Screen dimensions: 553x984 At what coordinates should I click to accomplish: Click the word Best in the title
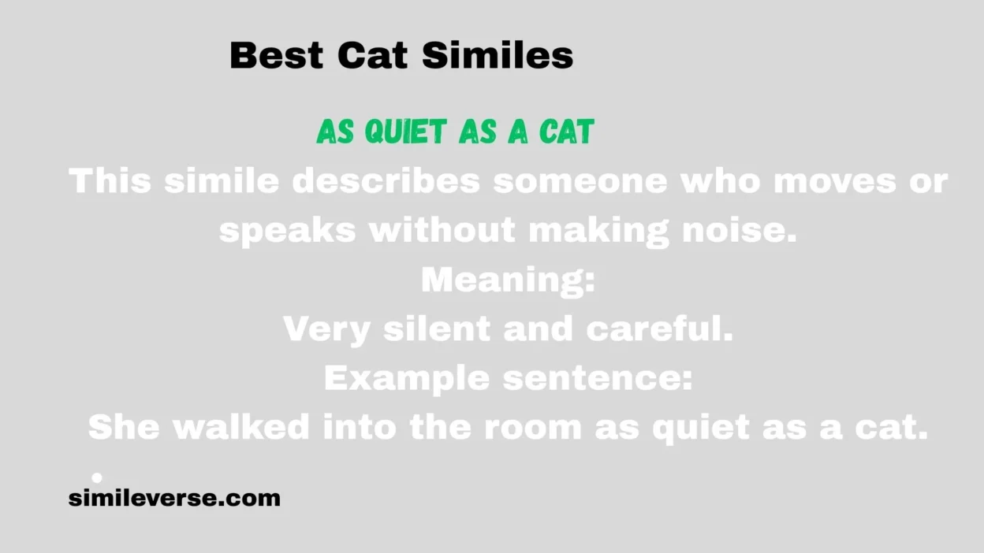276,56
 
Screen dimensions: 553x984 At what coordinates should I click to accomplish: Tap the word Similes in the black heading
497,56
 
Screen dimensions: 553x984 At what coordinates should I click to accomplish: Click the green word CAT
566,132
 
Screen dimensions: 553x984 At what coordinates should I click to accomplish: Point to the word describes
386,182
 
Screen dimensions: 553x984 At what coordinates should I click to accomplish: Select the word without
443,230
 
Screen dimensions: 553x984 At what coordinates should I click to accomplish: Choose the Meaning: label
508,280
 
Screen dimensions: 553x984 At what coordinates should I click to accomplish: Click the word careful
659,329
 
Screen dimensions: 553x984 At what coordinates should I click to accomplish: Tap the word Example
408,379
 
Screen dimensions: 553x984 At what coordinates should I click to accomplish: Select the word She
124,428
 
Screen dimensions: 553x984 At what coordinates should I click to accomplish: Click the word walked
241,428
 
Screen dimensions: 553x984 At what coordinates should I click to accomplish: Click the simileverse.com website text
174,498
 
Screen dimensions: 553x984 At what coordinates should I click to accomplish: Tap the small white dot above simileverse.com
97,477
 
